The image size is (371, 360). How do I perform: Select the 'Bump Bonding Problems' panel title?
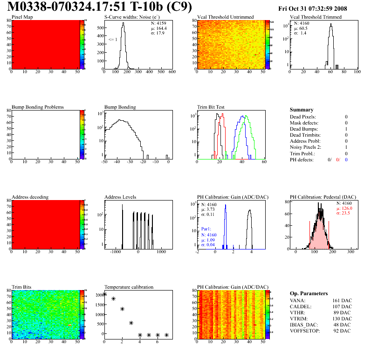38,107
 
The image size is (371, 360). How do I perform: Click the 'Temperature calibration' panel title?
129,287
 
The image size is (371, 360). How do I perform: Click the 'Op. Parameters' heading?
308,293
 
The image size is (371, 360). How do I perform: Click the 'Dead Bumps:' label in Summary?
304,129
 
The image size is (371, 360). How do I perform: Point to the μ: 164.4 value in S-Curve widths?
158,28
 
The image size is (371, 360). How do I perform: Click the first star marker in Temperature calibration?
104,294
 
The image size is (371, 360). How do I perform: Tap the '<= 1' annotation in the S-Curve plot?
113,40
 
